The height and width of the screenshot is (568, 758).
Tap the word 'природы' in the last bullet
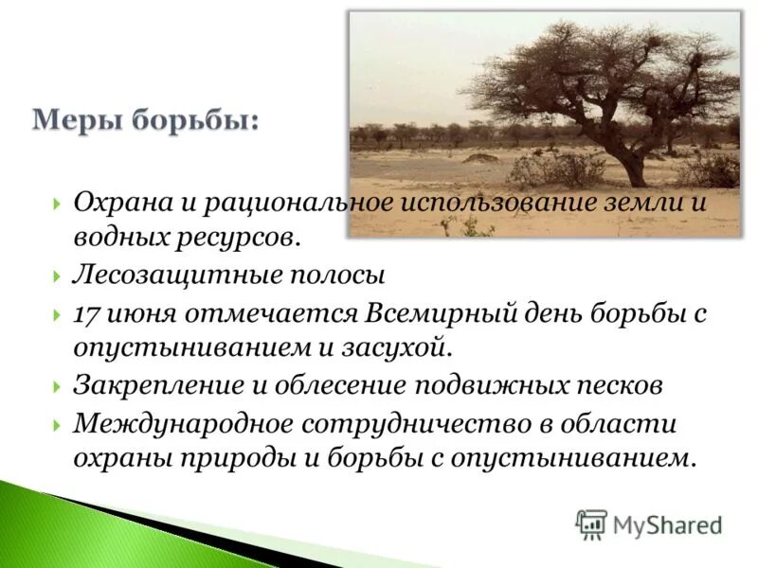[218, 458]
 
